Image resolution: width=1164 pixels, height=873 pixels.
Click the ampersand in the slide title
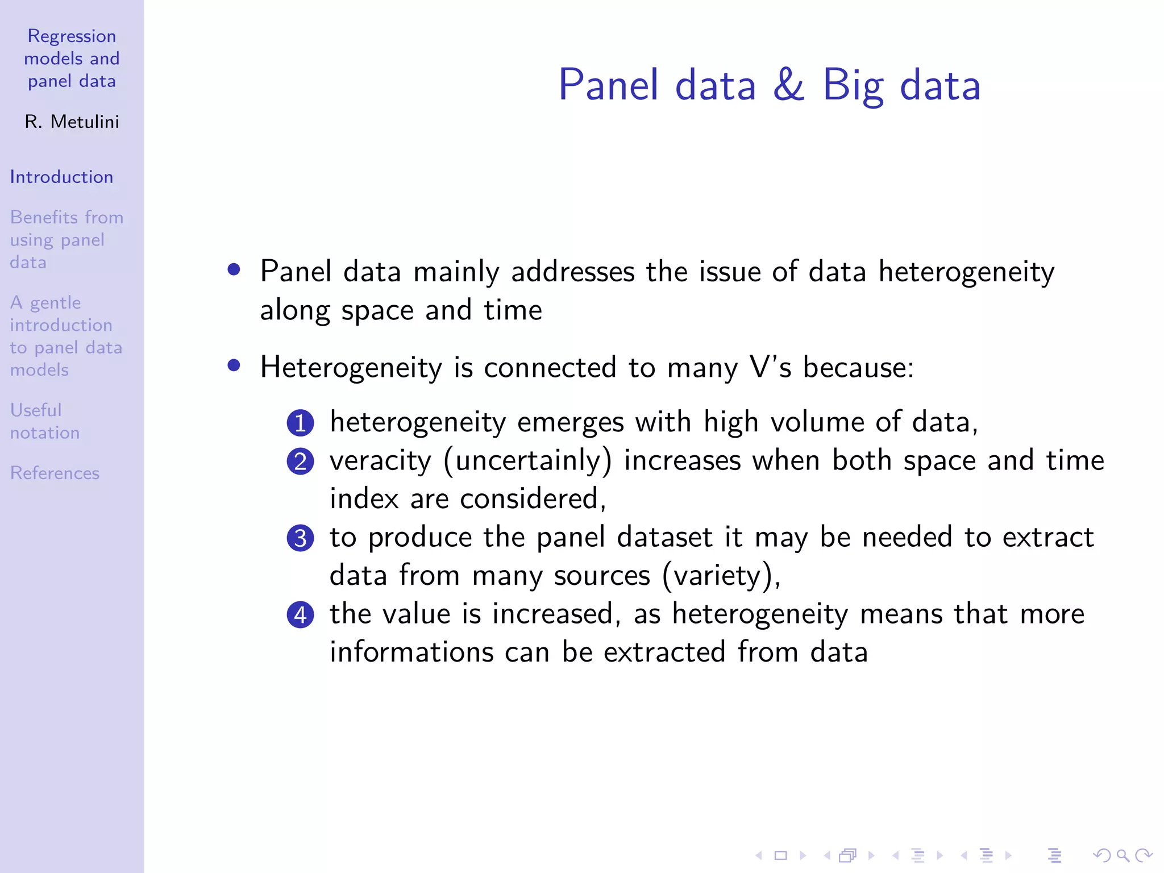click(x=789, y=85)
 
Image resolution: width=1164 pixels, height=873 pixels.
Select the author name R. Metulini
click(x=72, y=122)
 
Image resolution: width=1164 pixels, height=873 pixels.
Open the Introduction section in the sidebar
click(x=61, y=177)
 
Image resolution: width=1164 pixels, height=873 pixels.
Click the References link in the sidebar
click(x=55, y=473)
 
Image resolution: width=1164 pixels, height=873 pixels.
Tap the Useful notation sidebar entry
click(x=44, y=421)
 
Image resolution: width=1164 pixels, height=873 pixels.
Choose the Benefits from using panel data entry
click(x=66, y=240)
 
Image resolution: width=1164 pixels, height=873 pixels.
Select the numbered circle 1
click(x=300, y=423)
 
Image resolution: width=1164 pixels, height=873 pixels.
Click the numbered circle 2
click(x=300, y=462)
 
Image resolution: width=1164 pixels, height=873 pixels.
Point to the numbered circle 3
click(x=300, y=538)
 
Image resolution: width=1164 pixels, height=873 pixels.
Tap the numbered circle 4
click(x=300, y=615)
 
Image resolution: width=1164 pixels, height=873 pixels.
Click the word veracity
click(x=380, y=460)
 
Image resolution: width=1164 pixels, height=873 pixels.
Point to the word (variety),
click(x=721, y=575)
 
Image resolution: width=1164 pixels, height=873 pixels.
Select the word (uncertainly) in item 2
click(x=527, y=460)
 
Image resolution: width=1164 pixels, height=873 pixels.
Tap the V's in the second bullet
click(x=770, y=367)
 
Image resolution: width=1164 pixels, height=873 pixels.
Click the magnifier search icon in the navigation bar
click(x=1123, y=855)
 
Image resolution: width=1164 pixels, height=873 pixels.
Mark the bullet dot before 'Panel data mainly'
click(x=234, y=269)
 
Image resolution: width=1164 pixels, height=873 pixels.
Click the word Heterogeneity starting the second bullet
click(x=351, y=367)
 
